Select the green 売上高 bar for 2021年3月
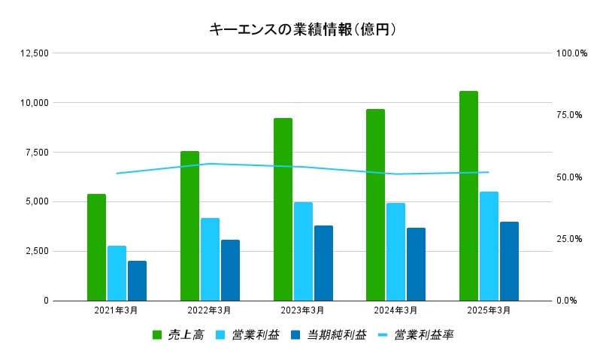click(x=96, y=247)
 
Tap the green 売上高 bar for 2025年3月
click(x=468, y=196)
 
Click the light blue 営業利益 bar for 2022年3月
click(x=210, y=259)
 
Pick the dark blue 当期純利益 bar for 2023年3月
click(x=323, y=263)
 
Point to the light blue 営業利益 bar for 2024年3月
click(x=395, y=252)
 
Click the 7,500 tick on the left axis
click(x=36, y=153)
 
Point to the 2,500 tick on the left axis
click(x=36, y=251)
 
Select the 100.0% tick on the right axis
click(x=571, y=53)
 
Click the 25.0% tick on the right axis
click(x=571, y=239)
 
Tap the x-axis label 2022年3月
click(x=209, y=310)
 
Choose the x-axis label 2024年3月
click(x=395, y=310)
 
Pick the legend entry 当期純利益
click(x=336, y=335)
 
